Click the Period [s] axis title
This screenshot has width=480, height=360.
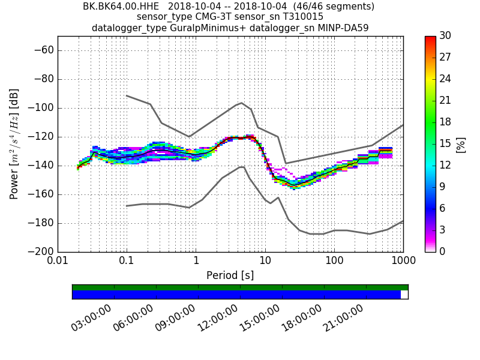point(230,275)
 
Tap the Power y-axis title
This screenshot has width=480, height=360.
point(14,144)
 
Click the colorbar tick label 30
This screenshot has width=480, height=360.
point(445,36)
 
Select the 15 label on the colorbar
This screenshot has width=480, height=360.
point(445,143)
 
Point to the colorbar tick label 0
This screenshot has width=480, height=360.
point(443,251)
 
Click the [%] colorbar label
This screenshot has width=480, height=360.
point(461,144)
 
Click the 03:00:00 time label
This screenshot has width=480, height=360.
point(91,317)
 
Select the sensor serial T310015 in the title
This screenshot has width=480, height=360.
point(298,17)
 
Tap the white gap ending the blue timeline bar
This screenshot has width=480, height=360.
point(404,295)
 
